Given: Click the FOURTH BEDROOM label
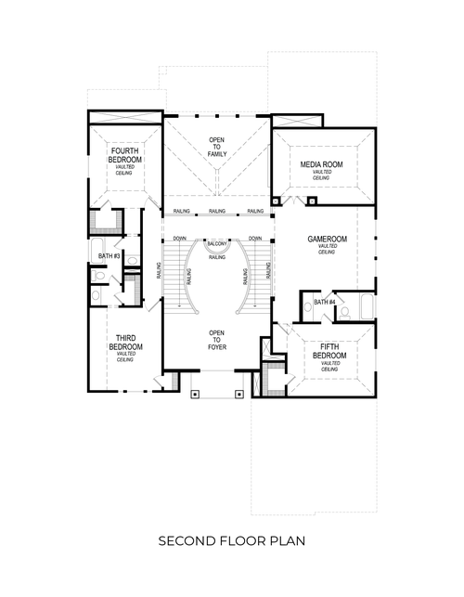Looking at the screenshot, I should tap(125, 154).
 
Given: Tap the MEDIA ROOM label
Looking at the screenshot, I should tap(322, 164).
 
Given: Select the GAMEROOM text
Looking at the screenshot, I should tap(327, 240).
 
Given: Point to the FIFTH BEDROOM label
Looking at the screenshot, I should tap(329, 354).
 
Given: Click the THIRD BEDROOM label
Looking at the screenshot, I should tap(125, 342).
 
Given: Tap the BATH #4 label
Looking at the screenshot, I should tap(323, 303).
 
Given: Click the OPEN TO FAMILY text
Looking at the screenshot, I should tap(217, 146).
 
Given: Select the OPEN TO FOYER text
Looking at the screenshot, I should tap(217, 340).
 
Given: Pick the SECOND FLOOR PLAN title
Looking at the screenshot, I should tap(231, 539).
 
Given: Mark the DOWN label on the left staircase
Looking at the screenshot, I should tap(180, 239).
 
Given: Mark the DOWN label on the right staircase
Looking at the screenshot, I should tap(255, 239).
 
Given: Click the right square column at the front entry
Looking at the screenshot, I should tap(240, 394).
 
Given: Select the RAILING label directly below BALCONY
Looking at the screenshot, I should tap(217, 257).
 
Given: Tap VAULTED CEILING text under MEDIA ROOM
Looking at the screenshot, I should tap(322, 175).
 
